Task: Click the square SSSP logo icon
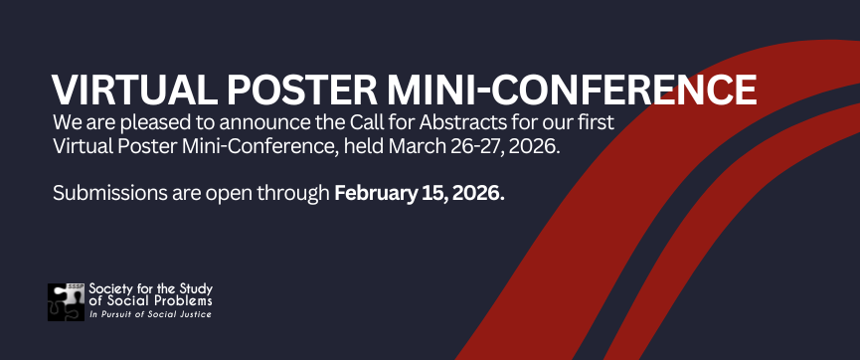[x=66, y=301]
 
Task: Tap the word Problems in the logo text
[x=184, y=301]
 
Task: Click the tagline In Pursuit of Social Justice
[x=149, y=314]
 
